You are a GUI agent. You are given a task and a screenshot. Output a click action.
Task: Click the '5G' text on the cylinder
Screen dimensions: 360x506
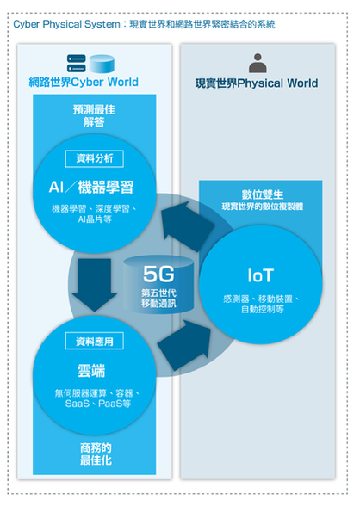(158, 274)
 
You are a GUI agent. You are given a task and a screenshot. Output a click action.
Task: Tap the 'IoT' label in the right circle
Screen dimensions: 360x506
(261, 275)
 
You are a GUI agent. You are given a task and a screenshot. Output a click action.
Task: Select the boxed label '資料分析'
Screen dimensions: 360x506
(94, 158)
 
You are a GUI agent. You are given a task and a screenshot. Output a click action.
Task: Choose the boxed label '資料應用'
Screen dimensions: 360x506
(94, 341)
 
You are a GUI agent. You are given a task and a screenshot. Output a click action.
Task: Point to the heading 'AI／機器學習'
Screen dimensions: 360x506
(91, 188)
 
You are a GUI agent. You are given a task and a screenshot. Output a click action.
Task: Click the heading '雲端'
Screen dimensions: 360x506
(91, 371)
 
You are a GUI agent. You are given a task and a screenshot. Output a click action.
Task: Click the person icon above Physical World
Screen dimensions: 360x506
(258, 64)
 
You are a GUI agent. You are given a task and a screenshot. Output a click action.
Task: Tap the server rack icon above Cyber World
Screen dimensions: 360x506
(77, 64)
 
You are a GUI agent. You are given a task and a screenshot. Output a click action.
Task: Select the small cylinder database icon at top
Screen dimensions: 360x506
(102, 64)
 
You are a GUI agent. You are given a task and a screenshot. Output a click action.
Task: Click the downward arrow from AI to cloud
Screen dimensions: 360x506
(95, 284)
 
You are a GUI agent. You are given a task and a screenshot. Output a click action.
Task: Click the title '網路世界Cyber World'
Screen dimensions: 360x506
(84, 83)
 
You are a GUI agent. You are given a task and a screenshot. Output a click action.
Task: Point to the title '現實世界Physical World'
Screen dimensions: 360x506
(257, 83)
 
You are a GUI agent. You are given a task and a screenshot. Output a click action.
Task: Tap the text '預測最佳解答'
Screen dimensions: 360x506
(94, 116)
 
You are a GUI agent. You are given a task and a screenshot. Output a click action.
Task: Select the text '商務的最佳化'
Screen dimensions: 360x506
(96, 454)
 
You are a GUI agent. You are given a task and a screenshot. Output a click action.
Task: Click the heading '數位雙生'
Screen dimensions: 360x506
(263, 194)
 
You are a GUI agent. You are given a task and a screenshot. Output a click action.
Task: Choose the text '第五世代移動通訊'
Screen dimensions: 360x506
(158, 298)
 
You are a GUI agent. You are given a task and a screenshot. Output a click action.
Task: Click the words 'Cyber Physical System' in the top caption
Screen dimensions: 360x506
(66, 24)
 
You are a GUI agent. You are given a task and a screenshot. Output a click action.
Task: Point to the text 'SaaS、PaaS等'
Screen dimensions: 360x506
(98, 404)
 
